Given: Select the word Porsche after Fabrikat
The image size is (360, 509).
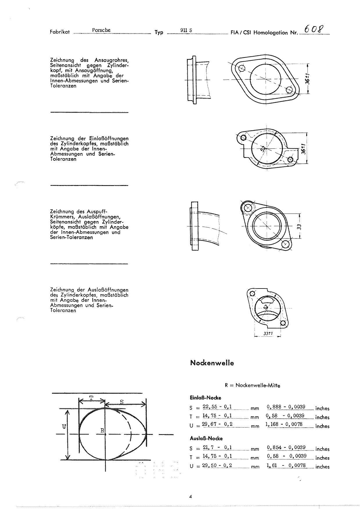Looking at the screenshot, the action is point(101,30).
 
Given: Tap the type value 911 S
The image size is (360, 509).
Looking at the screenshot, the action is point(186,30).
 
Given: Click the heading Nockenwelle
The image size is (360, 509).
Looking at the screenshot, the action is point(212,363).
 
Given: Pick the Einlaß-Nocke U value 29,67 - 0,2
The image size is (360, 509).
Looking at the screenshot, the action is point(217,424).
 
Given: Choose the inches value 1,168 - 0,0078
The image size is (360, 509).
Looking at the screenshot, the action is point(284,424).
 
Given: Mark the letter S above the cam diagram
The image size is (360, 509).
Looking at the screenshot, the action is point(122,402).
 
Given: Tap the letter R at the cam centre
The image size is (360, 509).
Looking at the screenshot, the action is point(102,431).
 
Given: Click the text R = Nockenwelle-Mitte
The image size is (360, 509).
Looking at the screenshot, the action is point(252,386).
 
